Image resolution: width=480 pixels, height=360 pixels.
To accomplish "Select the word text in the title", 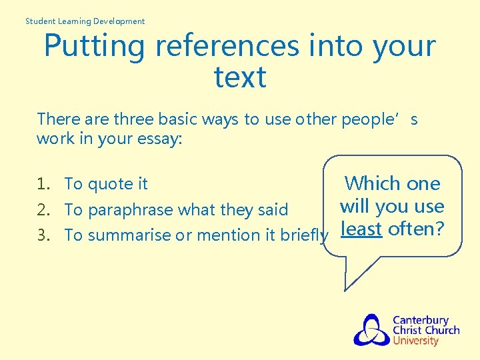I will [240, 77].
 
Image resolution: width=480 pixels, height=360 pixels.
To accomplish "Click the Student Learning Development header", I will [85, 21].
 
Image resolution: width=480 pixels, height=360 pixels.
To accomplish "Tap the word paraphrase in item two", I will [133, 211].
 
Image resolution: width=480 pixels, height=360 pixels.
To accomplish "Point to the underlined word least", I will [360, 229].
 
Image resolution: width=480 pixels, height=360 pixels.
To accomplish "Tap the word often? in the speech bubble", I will [415, 229].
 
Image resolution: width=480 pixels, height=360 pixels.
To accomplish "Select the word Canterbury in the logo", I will [420, 320].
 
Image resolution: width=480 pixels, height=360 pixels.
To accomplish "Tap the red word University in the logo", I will [415, 341].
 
